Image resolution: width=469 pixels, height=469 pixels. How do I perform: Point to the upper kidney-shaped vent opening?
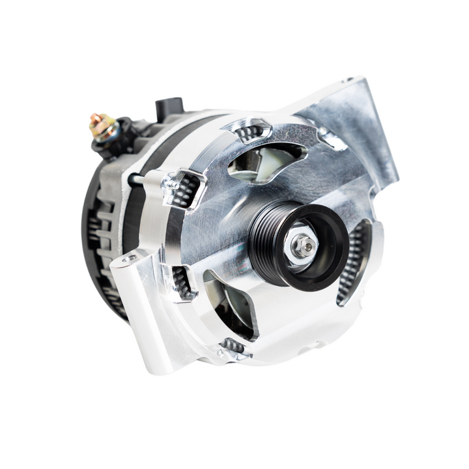click(267, 160)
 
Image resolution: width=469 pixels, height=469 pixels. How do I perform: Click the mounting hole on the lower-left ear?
click(128, 259)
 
